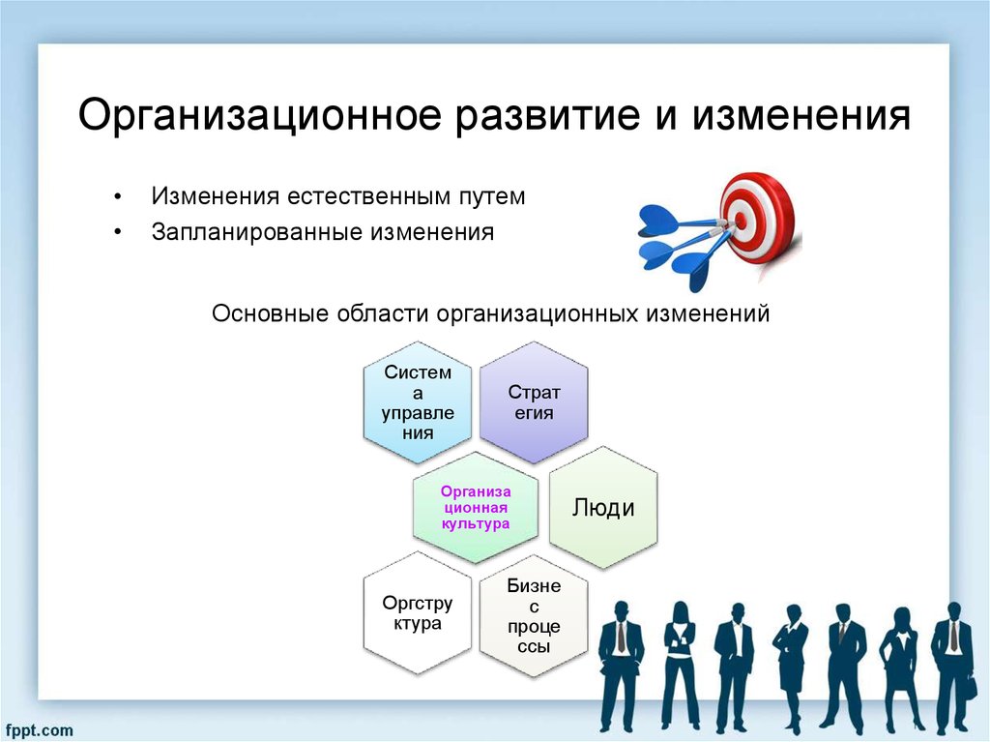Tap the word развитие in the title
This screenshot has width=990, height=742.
click(547, 116)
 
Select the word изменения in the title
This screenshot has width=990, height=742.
click(801, 116)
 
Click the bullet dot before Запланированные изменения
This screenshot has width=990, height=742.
click(117, 232)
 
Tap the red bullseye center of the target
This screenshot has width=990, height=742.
click(740, 220)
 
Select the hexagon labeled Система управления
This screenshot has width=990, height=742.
click(418, 402)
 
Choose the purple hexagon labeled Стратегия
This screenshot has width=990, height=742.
click(534, 402)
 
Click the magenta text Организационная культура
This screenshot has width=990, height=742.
click(476, 508)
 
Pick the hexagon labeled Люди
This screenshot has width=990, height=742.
click(603, 508)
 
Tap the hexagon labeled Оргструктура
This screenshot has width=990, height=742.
click(418, 613)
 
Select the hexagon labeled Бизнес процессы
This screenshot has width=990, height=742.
click(534, 615)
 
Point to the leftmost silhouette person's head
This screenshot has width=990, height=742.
click(622, 611)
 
